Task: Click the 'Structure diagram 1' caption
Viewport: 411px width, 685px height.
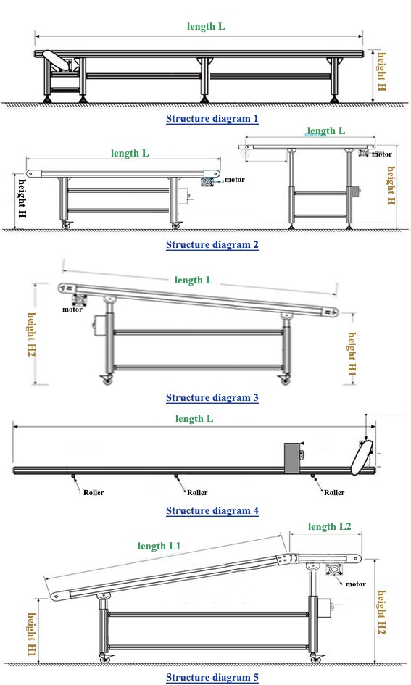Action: point(212,118)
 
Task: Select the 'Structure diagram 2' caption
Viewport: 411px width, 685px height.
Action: point(212,245)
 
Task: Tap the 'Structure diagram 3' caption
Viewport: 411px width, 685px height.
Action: point(212,397)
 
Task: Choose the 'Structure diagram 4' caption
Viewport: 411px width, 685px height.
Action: point(212,510)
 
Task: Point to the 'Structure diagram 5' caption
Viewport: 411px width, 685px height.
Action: point(212,678)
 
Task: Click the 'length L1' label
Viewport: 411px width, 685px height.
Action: point(159,546)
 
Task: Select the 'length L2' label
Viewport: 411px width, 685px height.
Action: point(329,526)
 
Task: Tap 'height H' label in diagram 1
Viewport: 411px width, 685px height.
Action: point(382,72)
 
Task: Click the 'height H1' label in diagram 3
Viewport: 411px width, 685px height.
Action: point(352,354)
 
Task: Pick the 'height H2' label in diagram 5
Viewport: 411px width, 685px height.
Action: point(382,612)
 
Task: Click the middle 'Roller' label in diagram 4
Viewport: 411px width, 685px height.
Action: point(197,493)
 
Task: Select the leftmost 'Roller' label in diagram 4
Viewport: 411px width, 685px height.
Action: point(94,493)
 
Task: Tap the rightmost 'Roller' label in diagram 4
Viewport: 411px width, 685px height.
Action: point(334,493)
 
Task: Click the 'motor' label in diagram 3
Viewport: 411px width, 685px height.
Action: point(72,310)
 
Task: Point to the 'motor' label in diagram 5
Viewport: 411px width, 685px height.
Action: point(355,584)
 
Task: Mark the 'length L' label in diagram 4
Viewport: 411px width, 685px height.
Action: point(194,418)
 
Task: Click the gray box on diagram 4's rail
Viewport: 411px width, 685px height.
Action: point(292,458)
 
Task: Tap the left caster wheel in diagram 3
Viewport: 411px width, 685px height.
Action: point(107,381)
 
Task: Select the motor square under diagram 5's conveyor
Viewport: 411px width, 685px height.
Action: point(335,571)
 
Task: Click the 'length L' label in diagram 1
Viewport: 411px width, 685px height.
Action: point(206,26)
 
